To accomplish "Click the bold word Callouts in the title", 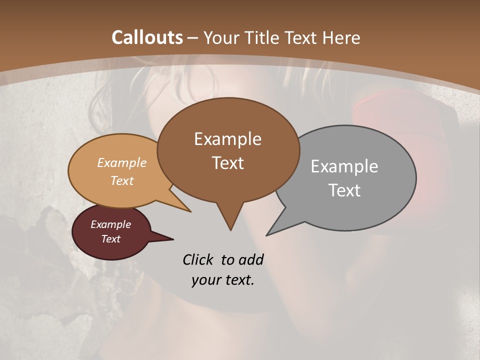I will tap(147, 37).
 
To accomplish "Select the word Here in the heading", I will tap(340, 37).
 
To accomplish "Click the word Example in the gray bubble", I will tap(344, 166).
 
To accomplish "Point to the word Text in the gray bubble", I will tap(344, 190).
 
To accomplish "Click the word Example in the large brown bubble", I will tap(227, 139).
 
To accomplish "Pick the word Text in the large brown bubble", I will tap(227, 163).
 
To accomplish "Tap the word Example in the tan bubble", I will tap(122, 162).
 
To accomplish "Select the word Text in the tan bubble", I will tap(122, 180).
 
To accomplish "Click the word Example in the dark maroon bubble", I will tap(111, 224).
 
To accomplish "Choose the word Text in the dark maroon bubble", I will tap(111, 239).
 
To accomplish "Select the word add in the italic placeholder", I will tap(251, 259).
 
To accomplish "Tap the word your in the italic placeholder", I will tap(204, 280).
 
